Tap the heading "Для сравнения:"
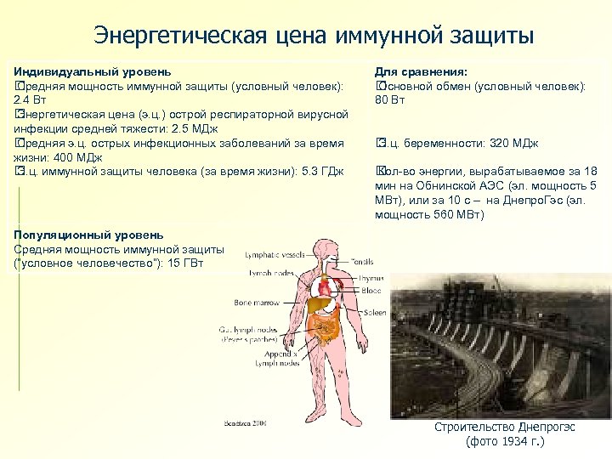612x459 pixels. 422,73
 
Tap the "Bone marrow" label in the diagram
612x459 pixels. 258,303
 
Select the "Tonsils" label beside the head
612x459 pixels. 360,263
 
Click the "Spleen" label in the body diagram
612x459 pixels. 375,313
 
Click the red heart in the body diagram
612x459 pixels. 334,283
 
